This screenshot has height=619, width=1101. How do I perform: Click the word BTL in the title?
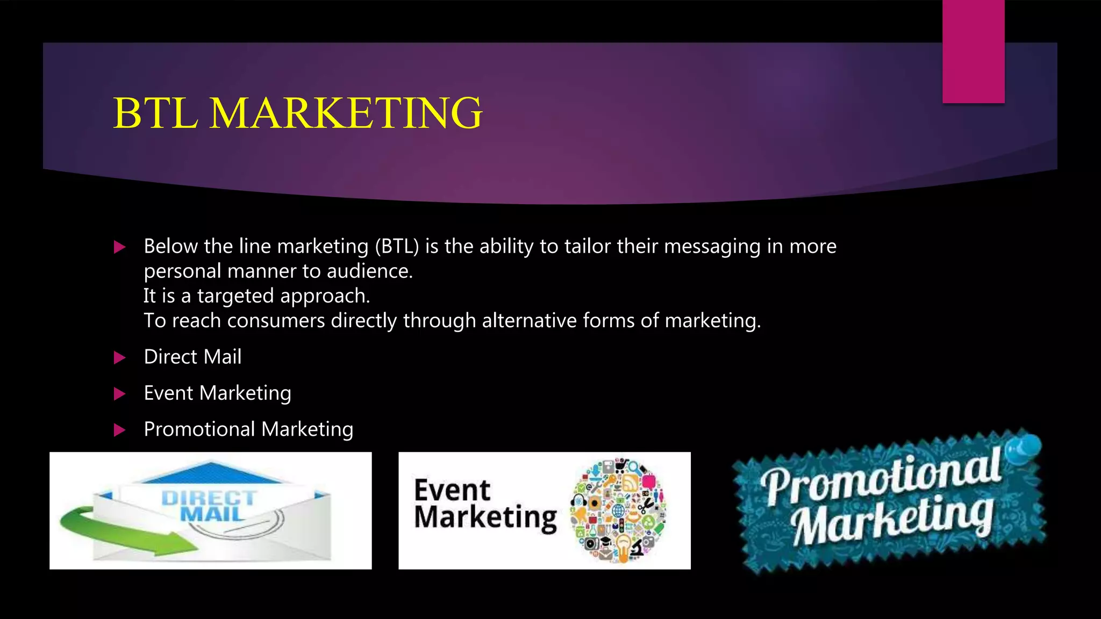click(155, 113)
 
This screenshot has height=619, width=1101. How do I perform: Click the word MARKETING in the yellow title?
click(346, 113)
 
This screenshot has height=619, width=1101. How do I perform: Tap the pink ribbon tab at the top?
click(973, 52)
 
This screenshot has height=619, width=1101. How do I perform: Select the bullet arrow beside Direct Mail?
click(119, 358)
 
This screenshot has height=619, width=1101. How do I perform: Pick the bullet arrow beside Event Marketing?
click(119, 394)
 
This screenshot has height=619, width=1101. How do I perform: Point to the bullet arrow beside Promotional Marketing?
click(119, 430)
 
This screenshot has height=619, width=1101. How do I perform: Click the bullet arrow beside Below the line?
click(119, 247)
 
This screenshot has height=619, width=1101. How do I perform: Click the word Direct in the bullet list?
click(170, 357)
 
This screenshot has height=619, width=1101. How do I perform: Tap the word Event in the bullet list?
click(168, 393)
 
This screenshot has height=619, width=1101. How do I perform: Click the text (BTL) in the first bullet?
click(397, 247)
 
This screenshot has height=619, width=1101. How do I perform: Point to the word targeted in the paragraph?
click(235, 296)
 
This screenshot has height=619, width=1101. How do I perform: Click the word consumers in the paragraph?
click(276, 321)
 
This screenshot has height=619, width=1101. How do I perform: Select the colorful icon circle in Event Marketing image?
click(618, 510)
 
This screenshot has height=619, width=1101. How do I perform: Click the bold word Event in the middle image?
click(452, 491)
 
